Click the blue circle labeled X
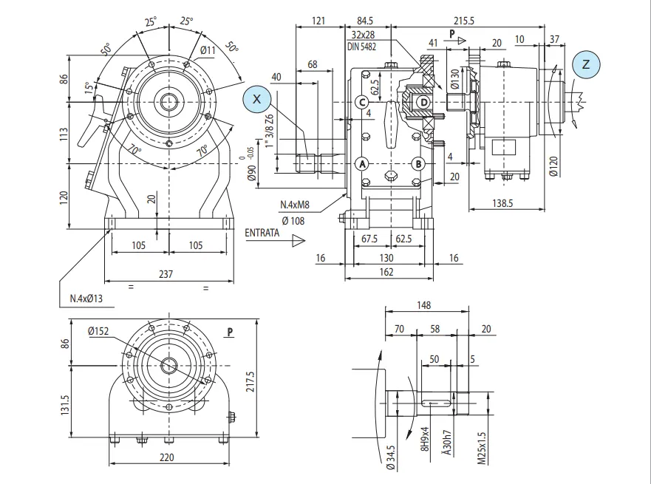256,98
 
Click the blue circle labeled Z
586,65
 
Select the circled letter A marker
363,163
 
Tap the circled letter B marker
417,163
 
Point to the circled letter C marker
362,102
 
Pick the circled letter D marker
423,102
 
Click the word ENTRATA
262,233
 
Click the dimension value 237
166,274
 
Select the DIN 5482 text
361,46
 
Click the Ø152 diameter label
98,332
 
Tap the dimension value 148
423,304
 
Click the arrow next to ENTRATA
298,240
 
